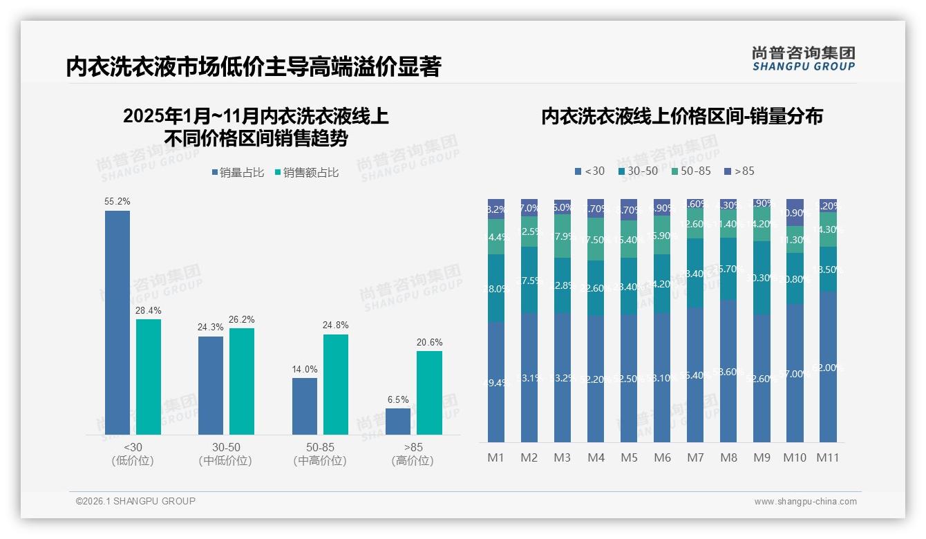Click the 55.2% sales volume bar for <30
(117, 323)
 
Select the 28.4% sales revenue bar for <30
(149, 377)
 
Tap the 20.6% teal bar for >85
(429, 393)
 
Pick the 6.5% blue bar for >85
(398, 422)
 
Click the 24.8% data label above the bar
(336, 325)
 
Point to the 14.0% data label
(305, 369)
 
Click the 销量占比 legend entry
(238, 173)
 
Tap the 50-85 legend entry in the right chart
(691, 171)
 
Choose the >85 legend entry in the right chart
(739, 171)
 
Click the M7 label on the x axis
(695, 457)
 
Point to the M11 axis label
(828, 457)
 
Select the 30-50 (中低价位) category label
(225, 454)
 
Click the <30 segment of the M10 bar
(795, 373)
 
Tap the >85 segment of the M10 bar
(795, 212)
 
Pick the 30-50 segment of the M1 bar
(496, 288)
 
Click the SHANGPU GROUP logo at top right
(804, 59)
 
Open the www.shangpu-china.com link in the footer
(805, 502)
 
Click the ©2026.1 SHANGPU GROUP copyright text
(135, 501)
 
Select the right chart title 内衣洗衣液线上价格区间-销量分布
(682, 117)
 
